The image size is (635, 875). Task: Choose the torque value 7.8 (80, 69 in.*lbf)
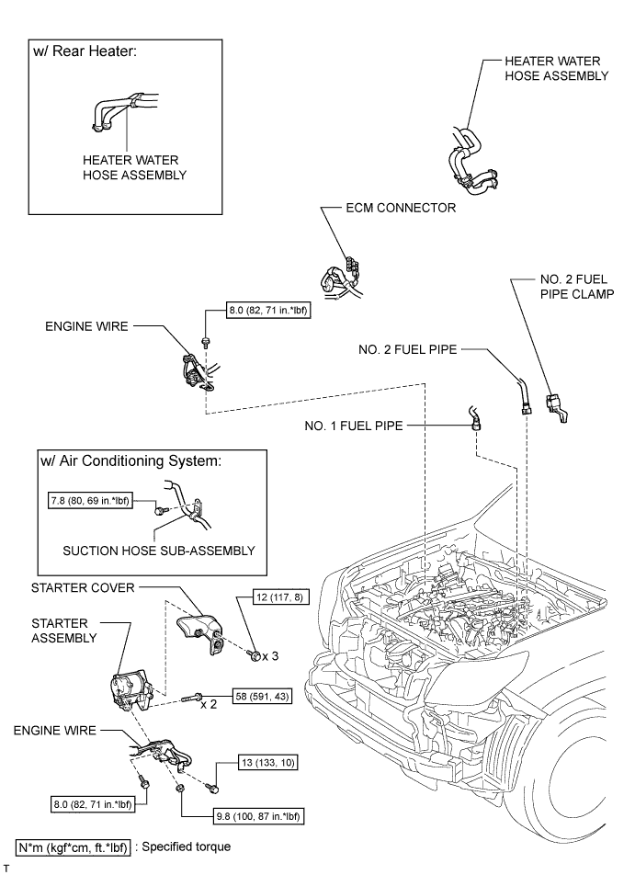(x=96, y=503)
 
